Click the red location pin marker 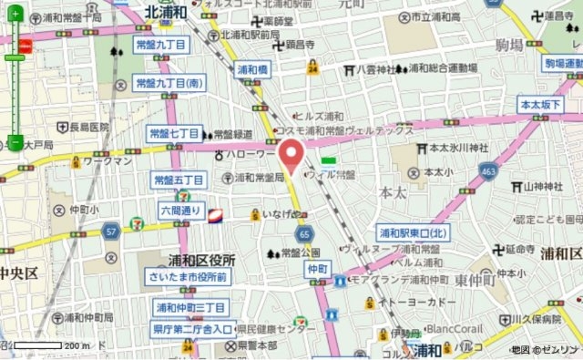tap(291, 155)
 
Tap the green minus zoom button tap(15, 141)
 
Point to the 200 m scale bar tap(46, 345)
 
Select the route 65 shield tap(302, 233)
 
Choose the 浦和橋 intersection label tap(252, 68)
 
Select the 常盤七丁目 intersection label tap(174, 134)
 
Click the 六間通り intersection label tap(179, 211)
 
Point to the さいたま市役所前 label tap(190, 277)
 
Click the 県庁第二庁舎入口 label tap(192, 329)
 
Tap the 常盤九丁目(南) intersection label tap(170, 83)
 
